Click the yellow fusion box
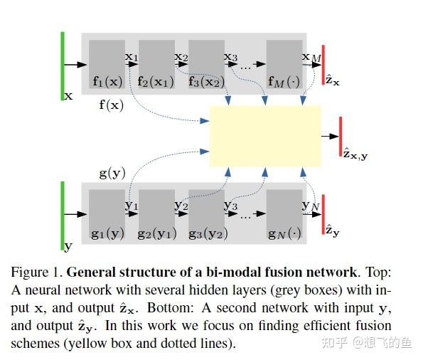[x=265, y=135]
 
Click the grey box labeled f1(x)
[x=107, y=64]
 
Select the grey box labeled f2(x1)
[x=156, y=64]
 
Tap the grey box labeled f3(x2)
[x=206, y=64]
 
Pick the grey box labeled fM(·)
[x=284, y=64]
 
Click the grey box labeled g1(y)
[x=107, y=213]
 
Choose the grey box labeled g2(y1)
[x=156, y=213]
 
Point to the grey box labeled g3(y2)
[x=206, y=213]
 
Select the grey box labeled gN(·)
[x=284, y=213]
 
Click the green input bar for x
[x=63, y=65]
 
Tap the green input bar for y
[x=63, y=214]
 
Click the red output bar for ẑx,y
[x=341, y=136]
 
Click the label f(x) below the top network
[x=111, y=105]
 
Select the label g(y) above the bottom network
[x=112, y=173]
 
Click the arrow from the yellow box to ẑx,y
[x=330, y=135]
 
